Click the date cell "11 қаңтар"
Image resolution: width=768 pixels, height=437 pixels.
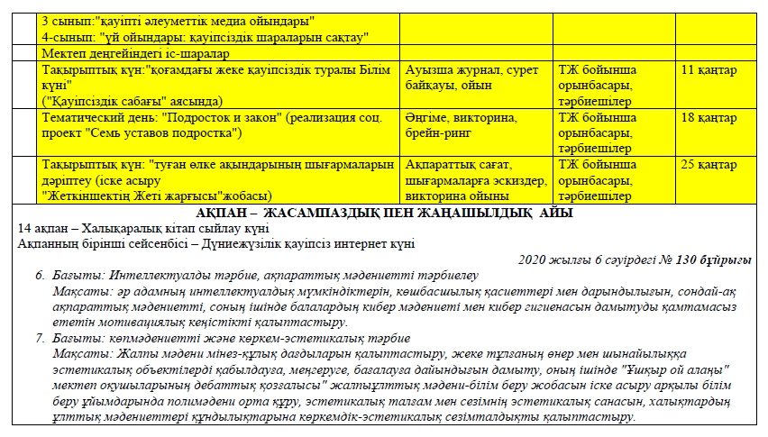(x=709, y=68)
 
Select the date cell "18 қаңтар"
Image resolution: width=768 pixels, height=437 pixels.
(x=709, y=118)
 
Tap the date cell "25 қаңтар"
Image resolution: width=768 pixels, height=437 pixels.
(x=710, y=165)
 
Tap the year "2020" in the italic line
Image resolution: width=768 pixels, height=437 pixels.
(x=535, y=259)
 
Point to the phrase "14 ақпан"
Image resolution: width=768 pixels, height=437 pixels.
(x=41, y=229)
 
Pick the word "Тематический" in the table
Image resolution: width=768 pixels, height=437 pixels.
(x=81, y=118)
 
